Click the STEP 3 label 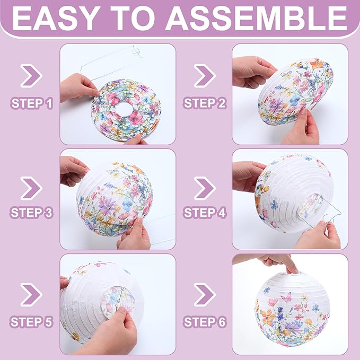coord(31,213)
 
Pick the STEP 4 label coord(205,213)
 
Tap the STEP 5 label coord(31,321)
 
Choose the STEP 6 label coord(205,321)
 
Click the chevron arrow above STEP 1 coord(31,76)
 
